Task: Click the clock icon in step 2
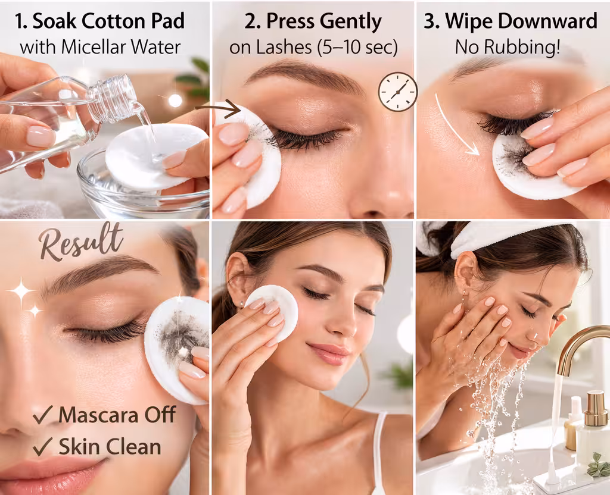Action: pos(397,92)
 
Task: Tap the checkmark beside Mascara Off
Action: pos(43,415)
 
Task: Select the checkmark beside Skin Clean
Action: pos(43,446)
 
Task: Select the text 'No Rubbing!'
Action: pos(508,47)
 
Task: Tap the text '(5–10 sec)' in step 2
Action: pos(357,48)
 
